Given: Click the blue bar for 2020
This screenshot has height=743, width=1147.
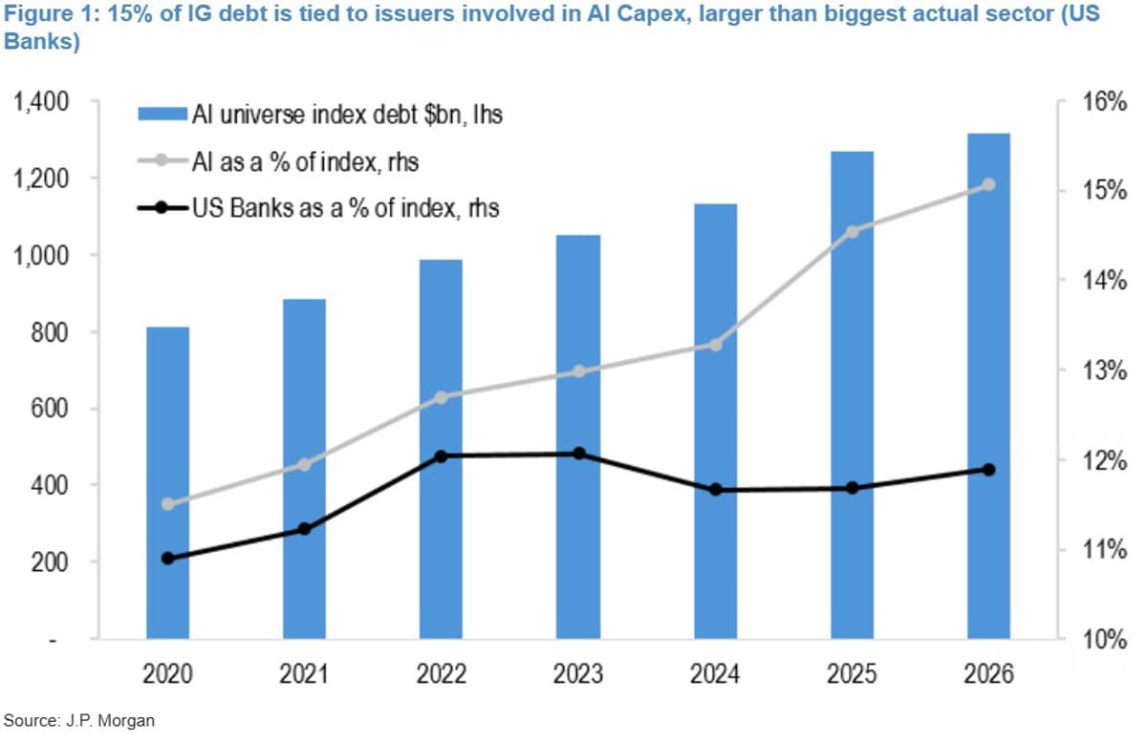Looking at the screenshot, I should pyautogui.click(x=167, y=482).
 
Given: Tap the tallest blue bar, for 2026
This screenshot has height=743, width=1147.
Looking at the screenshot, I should pyautogui.click(x=988, y=386).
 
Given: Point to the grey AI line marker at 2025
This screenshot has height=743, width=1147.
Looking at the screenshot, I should pyautogui.click(x=853, y=231).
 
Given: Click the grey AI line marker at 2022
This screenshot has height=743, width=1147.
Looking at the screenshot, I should pyautogui.click(x=442, y=397).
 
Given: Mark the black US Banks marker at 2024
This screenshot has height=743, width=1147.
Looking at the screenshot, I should pyautogui.click(x=715, y=490).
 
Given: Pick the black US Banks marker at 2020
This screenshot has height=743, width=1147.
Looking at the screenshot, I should pyautogui.click(x=168, y=559).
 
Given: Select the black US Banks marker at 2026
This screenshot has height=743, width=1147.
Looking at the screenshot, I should pyautogui.click(x=989, y=470).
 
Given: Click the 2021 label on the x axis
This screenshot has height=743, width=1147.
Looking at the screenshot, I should pyautogui.click(x=305, y=674).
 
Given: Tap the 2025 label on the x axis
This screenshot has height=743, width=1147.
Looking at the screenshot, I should pyautogui.click(x=852, y=674).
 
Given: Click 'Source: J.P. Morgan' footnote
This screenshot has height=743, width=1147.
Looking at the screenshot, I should pyautogui.click(x=78, y=719).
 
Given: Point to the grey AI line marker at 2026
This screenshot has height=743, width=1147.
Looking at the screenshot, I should pyautogui.click(x=989, y=185).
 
